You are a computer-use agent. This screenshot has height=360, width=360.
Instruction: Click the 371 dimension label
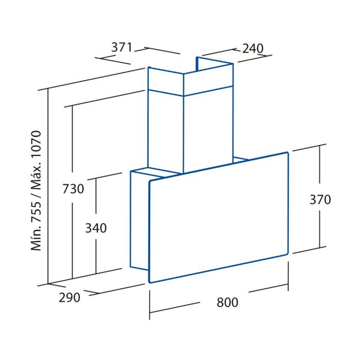tap(122, 47)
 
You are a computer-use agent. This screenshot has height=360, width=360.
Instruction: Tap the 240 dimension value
tap(253, 48)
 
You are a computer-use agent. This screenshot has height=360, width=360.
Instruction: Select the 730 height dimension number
tap(73, 189)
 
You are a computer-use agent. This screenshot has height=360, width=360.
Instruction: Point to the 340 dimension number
tap(96, 228)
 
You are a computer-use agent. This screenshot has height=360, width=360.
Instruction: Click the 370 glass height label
tap(320, 200)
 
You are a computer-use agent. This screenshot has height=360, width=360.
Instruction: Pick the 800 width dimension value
tap(227, 302)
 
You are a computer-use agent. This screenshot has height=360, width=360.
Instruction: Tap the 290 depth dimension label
tap(69, 298)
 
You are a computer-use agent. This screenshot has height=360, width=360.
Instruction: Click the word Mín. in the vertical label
tap(36, 238)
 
